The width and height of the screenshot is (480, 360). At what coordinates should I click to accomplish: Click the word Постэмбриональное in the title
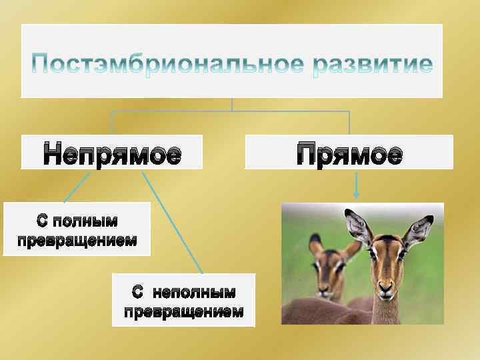(x=162, y=65)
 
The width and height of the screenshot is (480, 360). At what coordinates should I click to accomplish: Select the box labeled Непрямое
(x=112, y=153)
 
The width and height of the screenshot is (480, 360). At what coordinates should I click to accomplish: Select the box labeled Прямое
(x=349, y=153)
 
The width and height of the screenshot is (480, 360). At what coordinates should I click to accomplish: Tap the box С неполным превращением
(x=183, y=300)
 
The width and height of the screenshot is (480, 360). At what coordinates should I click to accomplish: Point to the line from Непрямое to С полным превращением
(x=78, y=187)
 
